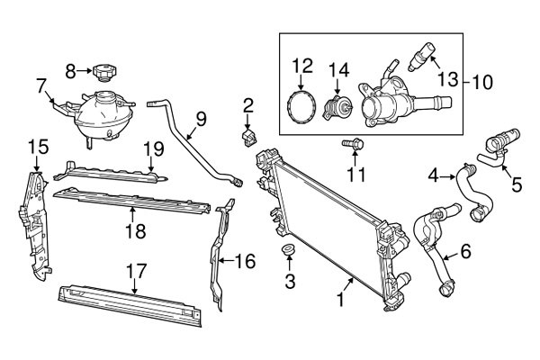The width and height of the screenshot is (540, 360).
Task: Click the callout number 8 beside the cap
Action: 70,72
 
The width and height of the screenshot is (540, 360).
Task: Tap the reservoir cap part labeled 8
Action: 104,72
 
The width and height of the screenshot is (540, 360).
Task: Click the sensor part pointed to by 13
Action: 422,56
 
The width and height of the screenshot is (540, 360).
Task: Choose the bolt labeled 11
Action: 353,144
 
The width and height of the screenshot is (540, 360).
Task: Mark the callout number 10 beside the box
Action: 482,82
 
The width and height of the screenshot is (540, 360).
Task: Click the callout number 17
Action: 137,272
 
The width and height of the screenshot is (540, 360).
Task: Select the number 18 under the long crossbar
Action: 136,230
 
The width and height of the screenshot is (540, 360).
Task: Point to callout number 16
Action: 246,261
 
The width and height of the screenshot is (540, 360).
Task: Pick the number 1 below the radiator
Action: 340,300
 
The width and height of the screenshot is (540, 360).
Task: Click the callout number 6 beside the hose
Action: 465,251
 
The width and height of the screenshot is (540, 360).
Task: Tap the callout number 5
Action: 517,184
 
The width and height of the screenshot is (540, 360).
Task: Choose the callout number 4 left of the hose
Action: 434,176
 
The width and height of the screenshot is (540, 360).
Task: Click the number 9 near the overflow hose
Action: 201,119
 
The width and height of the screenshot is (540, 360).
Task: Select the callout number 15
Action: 38,147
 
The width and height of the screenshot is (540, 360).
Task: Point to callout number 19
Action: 154,148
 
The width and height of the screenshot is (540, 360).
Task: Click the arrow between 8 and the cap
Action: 84,71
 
